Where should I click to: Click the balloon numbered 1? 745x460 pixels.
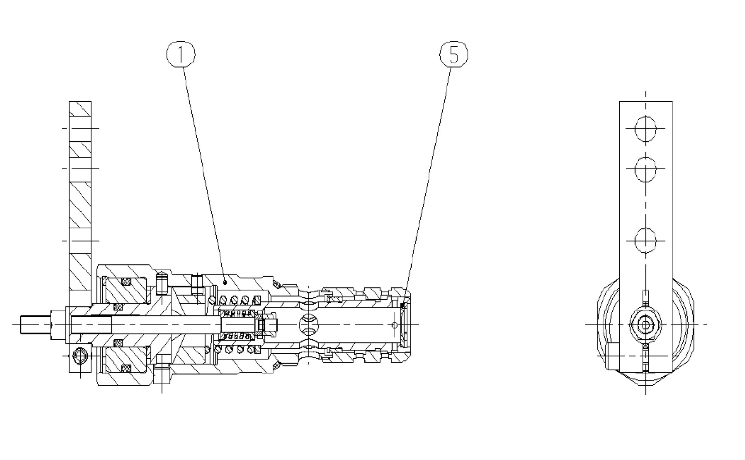pyautogui.click(x=181, y=54)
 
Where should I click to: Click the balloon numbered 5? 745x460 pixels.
pyautogui.click(x=454, y=54)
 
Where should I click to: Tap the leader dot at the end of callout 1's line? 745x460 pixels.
pyautogui.click(x=225, y=280)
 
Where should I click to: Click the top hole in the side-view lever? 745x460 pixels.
pyautogui.click(x=646, y=128)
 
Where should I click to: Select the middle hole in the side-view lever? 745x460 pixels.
pyautogui.click(x=646, y=169)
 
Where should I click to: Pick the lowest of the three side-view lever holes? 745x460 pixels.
pyautogui.click(x=646, y=241)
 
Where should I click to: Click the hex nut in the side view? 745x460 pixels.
pyautogui.click(x=645, y=325)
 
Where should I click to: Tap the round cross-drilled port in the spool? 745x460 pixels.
pyautogui.click(x=309, y=324)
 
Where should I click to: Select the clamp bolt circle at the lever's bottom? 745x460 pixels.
pyautogui.click(x=81, y=355)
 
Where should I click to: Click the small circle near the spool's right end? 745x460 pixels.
pyautogui.click(x=395, y=325)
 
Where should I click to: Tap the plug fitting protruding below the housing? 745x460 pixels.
pyautogui.click(x=162, y=375)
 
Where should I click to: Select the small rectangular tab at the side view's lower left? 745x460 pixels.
pyautogui.click(x=612, y=356)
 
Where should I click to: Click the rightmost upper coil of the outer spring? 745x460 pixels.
pyautogui.click(x=256, y=300)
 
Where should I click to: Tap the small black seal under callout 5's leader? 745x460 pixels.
pyautogui.click(x=404, y=306)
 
